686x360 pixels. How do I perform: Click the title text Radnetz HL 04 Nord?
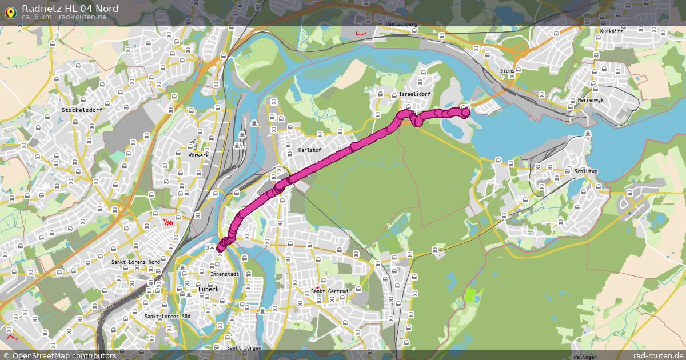pos(70,8)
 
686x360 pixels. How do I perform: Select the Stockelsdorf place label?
pos(82,109)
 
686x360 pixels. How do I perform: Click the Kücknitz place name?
pos(612,31)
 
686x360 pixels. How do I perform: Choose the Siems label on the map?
pos(507,70)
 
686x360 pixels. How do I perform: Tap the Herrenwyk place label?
pos(591,99)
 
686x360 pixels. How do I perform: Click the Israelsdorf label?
pos(414,94)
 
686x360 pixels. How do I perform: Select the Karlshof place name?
pos(310,150)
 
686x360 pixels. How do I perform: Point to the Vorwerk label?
pos(198,155)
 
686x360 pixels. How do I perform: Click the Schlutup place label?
pos(585,171)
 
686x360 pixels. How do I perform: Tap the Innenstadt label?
pos(225,274)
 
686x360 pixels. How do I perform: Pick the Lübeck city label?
pos(208,289)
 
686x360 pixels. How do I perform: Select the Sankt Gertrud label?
pos(330,291)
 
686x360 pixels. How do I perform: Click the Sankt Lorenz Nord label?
pos(136,262)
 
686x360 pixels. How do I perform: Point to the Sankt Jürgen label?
pos(244,347)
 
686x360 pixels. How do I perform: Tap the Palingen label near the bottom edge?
pos(584,357)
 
